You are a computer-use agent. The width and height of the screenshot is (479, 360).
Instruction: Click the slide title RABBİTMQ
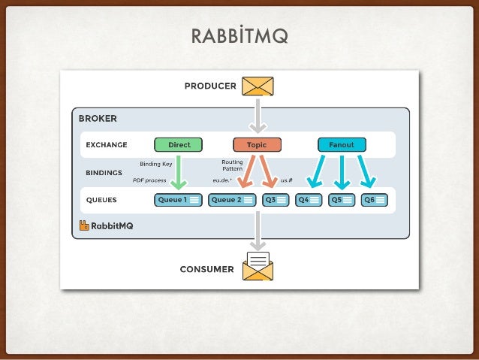pos(239,36)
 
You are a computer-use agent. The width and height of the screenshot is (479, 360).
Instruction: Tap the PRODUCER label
pos(210,86)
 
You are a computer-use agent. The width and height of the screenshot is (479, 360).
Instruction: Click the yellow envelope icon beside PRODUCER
pos(258,86)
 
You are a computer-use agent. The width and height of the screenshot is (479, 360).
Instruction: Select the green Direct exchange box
pos(179,144)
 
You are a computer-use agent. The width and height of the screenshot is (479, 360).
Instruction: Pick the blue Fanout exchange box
pos(342,144)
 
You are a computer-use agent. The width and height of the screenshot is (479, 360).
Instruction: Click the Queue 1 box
pos(178,200)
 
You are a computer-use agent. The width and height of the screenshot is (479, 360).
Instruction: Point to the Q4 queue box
pos(309,200)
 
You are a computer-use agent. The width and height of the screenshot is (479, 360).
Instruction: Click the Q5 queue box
pos(342,200)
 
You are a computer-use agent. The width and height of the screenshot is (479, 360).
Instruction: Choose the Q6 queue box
pos(374,200)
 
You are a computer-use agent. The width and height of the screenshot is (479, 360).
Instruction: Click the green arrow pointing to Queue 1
pos(179,172)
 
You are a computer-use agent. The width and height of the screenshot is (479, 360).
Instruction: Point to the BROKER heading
pos(98,119)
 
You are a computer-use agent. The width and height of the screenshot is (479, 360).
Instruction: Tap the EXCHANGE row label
pos(106,145)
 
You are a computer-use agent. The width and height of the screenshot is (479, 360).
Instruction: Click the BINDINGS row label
pos(104,172)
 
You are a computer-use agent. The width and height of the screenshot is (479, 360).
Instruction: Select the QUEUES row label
pos(101,200)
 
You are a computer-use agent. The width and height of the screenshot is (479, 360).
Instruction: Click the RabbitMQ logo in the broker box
pos(106,225)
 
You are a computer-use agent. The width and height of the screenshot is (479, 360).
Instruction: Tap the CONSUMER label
pos(206,269)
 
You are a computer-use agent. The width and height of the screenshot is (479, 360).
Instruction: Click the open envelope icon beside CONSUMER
pos(258,266)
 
